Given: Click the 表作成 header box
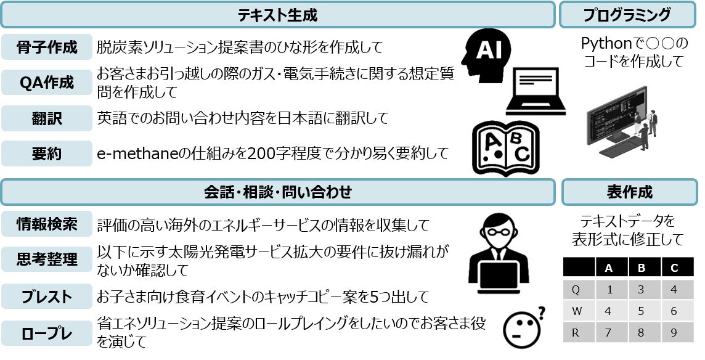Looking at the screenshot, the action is pos(629,192).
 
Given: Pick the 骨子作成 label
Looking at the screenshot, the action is pos(47,47).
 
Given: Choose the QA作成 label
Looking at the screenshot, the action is pos(47,83).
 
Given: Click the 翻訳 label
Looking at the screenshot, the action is pos(47,118).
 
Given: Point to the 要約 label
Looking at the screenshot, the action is pos(47,153).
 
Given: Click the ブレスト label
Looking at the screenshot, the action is pos(47,297).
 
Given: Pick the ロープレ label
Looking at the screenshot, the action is pos(47,333).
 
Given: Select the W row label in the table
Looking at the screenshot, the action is pos(577,311).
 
